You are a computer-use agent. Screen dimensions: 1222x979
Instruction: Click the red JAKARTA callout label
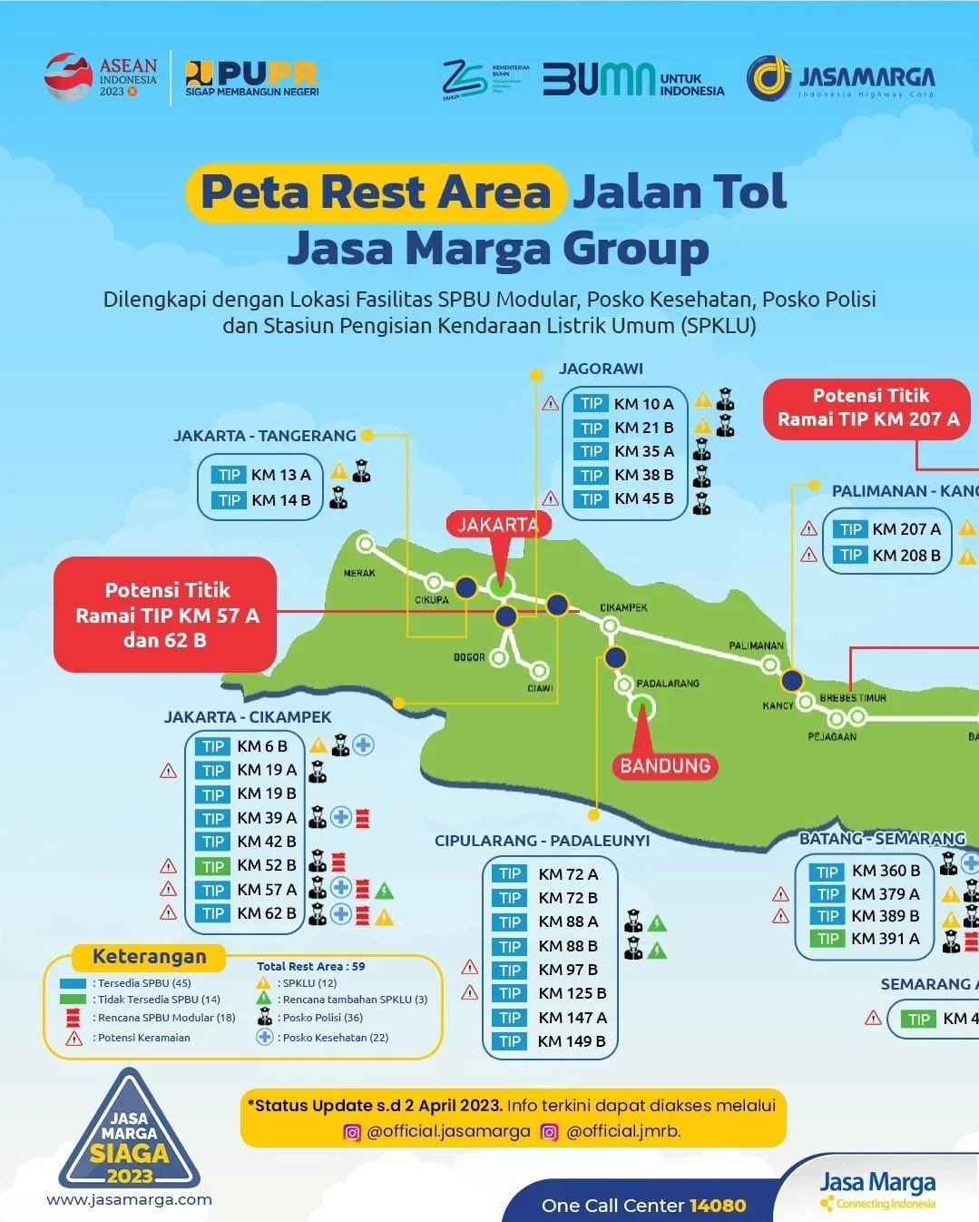497,525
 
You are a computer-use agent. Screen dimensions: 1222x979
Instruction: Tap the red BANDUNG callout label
665,765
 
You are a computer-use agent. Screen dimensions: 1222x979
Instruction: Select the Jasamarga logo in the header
840,79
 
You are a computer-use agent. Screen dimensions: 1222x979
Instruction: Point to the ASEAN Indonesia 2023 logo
101,77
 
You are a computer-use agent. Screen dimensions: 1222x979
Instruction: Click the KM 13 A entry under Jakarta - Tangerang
280,475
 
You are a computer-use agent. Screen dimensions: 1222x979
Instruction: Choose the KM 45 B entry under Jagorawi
643,498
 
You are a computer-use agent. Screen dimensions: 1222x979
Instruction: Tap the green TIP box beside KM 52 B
213,866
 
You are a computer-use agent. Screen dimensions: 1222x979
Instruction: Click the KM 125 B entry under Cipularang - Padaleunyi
572,993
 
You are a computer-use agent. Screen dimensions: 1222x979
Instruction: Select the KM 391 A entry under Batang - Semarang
885,939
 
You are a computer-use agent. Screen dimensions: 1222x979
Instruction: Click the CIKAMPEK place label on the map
623,607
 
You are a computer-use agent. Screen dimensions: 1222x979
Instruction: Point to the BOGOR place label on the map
469,656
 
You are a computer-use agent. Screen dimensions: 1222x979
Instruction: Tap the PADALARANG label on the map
668,683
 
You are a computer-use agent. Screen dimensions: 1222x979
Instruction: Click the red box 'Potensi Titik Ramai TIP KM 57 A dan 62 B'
166,615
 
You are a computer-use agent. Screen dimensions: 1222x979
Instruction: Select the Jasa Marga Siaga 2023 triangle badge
130,1136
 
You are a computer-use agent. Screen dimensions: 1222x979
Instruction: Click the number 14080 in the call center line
718,1206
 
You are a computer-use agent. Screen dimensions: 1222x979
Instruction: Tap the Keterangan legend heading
149,957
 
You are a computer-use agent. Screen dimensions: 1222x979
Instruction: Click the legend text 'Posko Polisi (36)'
322,1018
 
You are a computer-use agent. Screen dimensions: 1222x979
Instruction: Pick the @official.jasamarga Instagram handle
448,1131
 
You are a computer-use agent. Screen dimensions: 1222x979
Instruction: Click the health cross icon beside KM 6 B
363,745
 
